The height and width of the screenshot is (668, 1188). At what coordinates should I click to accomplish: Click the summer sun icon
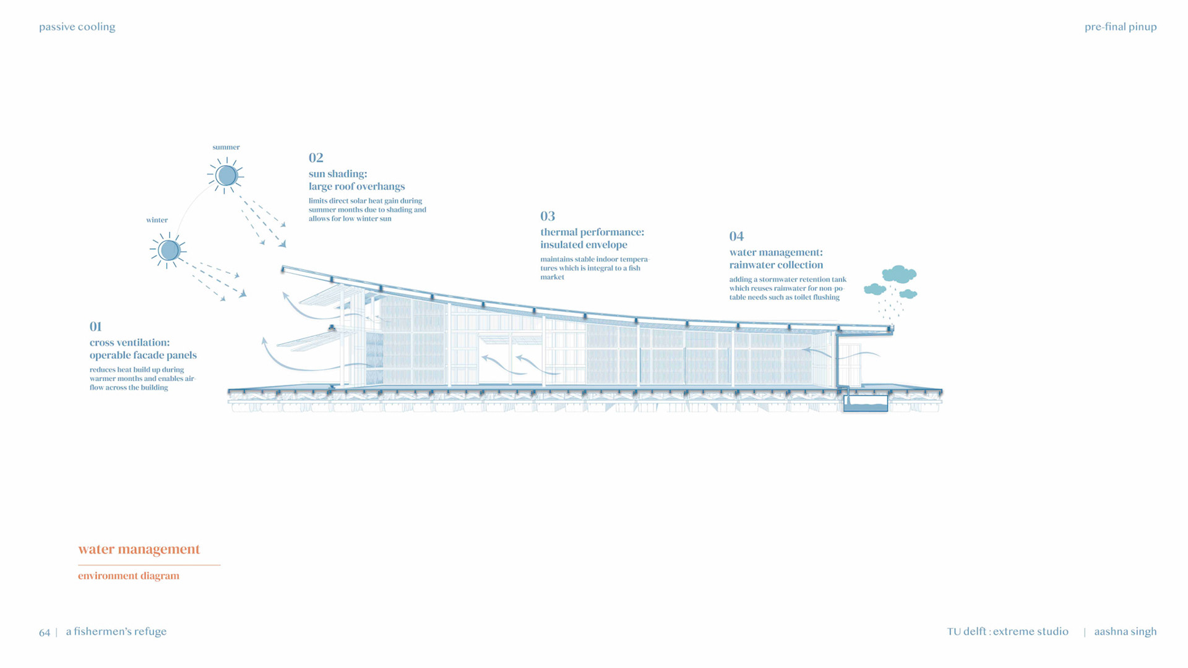226,176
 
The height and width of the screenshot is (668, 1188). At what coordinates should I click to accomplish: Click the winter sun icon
168,250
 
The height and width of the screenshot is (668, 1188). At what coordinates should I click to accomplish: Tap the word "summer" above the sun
226,147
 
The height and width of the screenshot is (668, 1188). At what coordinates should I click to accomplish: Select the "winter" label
157,220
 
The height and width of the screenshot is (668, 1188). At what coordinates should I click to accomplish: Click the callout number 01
95,327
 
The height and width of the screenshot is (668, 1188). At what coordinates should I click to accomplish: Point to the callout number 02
316,158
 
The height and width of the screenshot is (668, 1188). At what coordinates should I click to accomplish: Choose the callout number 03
548,216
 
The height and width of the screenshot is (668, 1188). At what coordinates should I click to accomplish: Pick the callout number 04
736,236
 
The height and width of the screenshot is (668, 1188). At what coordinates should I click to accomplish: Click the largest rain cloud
899,274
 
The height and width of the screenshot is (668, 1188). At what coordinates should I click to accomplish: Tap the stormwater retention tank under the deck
866,404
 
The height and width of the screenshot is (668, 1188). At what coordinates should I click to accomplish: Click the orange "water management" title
139,549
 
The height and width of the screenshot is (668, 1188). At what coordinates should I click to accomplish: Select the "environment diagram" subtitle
129,576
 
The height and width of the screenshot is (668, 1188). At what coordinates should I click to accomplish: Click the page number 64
45,633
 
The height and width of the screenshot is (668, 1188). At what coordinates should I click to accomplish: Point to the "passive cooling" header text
77,27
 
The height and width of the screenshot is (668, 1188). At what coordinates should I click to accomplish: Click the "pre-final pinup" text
1121,27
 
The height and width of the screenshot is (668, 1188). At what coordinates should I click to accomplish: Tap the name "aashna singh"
1125,632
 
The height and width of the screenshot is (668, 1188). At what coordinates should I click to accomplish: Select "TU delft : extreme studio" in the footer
1007,632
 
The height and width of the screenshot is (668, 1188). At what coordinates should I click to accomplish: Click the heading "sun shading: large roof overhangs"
356,180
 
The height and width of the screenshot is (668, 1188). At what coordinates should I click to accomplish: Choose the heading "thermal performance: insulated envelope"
592,238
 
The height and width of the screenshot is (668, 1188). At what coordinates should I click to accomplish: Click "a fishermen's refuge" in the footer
116,632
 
